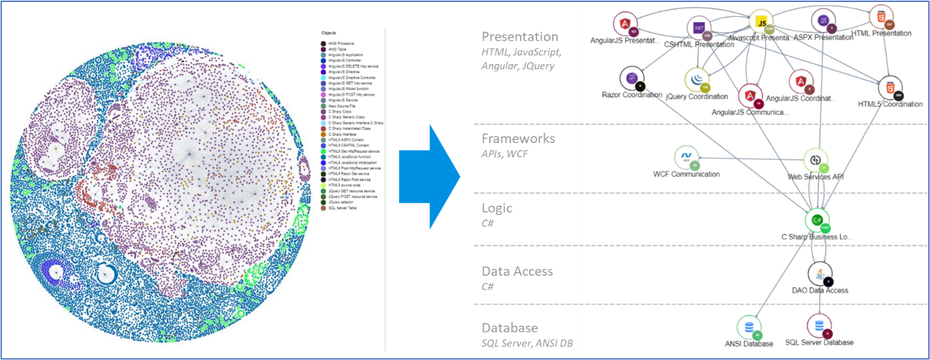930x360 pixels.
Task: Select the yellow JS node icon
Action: (x=761, y=21)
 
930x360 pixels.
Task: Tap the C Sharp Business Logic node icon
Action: (x=817, y=220)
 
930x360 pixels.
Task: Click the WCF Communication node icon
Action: (x=686, y=157)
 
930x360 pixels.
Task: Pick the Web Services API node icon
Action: (x=816, y=160)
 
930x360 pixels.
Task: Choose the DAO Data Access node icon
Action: (x=820, y=274)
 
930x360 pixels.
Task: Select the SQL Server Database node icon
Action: (x=819, y=325)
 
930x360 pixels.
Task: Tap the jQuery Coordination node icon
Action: (x=697, y=80)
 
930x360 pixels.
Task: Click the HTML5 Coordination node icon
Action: (x=890, y=87)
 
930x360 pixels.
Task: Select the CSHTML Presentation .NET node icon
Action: (x=699, y=28)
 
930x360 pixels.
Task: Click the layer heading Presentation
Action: (x=520, y=36)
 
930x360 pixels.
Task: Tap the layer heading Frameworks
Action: (x=518, y=139)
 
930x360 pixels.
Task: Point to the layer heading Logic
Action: (x=497, y=208)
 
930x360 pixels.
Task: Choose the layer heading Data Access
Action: (x=517, y=271)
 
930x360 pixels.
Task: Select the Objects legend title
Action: (x=328, y=32)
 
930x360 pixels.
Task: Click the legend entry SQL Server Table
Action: (x=343, y=208)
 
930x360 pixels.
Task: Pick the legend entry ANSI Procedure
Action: (x=341, y=43)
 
